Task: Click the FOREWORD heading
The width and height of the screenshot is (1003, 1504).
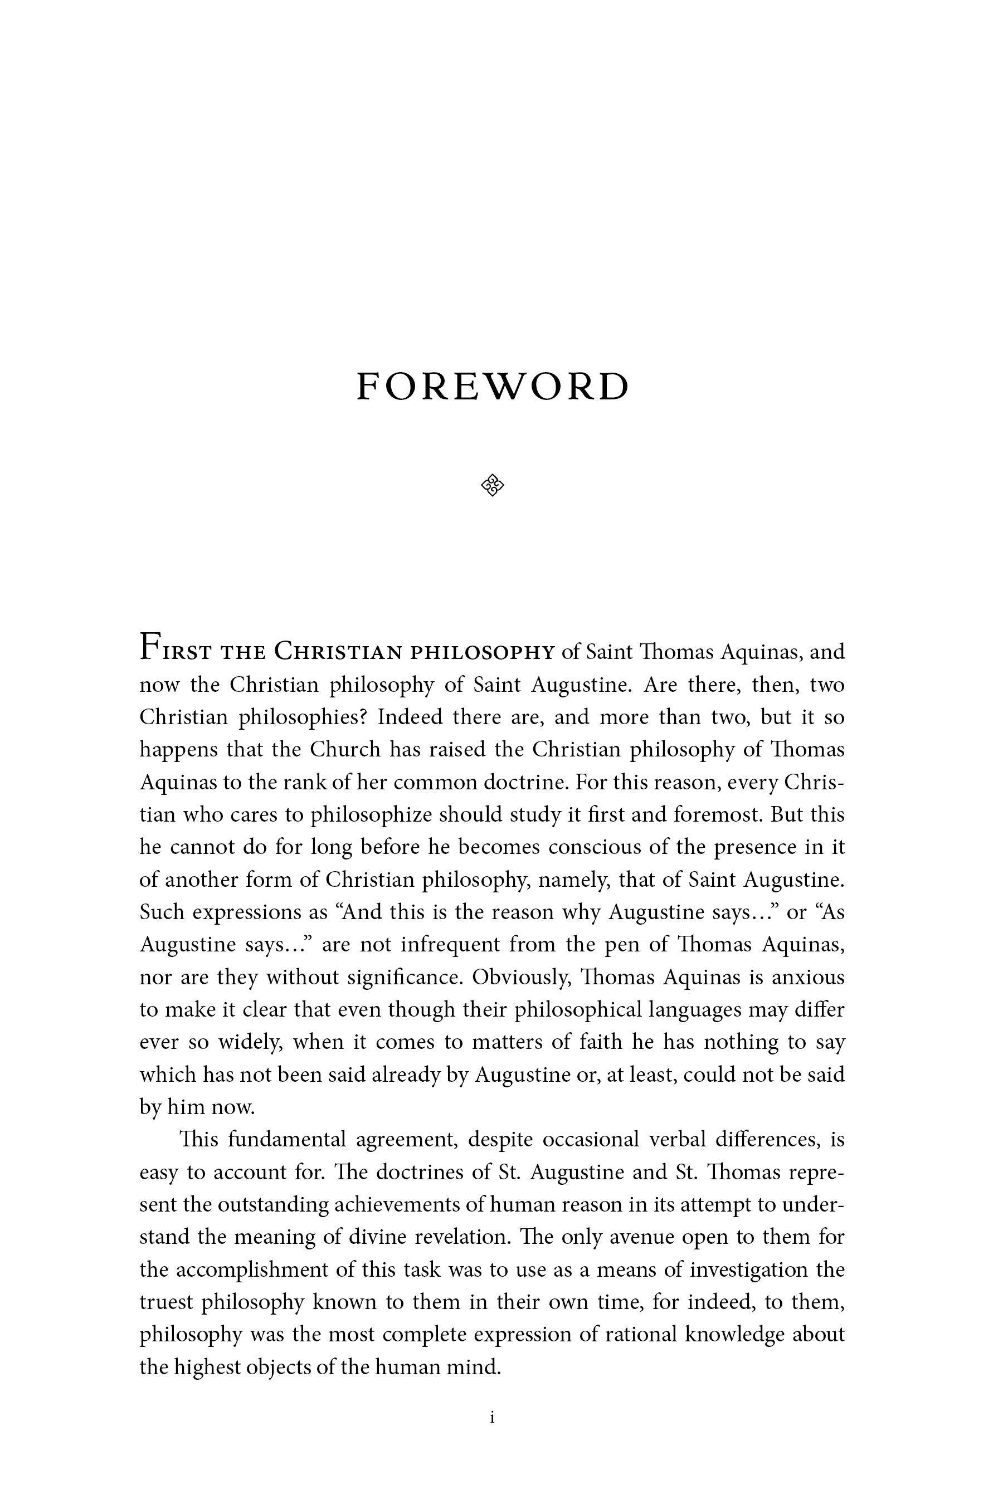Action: pyautogui.click(x=493, y=387)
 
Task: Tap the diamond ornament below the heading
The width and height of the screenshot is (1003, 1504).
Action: pyautogui.click(x=492, y=486)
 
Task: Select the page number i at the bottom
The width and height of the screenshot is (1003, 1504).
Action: pyautogui.click(x=492, y=1417)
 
